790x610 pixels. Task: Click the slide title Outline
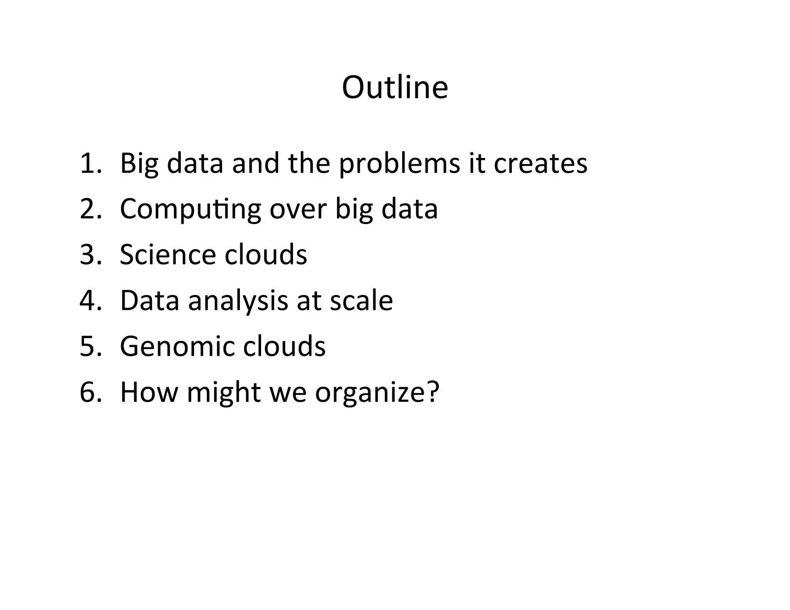[x=395, y=88]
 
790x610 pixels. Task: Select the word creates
[x=540, y=163]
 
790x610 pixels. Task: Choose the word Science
[x=168, y=254]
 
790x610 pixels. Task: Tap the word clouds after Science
[x=266, y=254]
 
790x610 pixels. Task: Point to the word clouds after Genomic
[x=284, y=346]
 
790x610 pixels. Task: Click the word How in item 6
[x=149, y=392]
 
